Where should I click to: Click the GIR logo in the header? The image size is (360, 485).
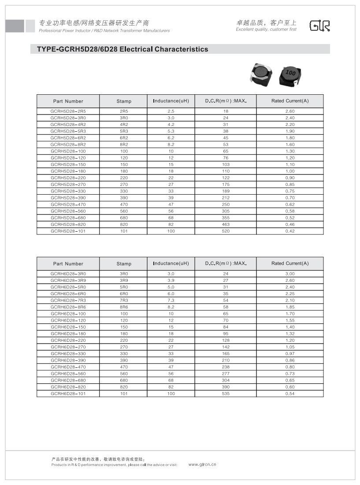(319, 26)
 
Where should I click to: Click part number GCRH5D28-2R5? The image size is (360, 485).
(68, 111)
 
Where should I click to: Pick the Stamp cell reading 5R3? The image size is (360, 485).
(124, 131)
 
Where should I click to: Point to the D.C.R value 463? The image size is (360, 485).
(226, 224)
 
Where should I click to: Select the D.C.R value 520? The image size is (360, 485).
(226, 231)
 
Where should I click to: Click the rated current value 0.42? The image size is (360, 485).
(290, 231)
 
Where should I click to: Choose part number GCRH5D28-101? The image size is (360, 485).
(68, 231)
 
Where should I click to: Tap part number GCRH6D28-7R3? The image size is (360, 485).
(68, 300)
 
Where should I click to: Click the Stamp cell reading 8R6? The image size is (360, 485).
(124, 307)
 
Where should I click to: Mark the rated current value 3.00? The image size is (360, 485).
(290, 274)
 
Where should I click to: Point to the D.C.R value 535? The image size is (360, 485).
(226, 393)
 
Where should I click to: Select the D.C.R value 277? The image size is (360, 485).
(226, 374)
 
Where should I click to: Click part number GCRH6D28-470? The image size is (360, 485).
(68, 367)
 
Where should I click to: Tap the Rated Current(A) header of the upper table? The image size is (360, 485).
(290, 101)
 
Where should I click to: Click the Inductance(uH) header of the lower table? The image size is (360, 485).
(171, 263)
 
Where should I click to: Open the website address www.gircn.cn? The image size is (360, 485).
(202, 464)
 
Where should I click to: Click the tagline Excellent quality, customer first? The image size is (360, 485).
(266, 30)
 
